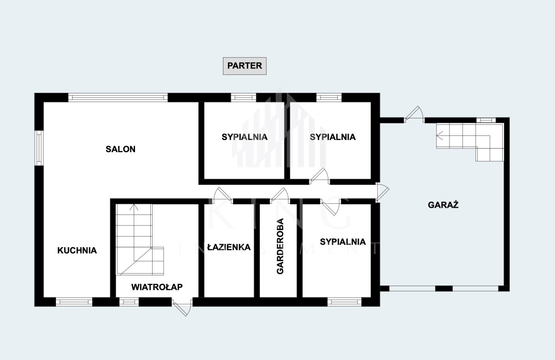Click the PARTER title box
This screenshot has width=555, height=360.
[x=245, y=66]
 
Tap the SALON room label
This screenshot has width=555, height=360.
[x=120, y=149]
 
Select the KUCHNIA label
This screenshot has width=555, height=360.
[x=77, y=250]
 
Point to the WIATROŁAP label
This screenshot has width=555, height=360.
[x=157, y=287]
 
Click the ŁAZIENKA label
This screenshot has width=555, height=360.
[x=229, y=247]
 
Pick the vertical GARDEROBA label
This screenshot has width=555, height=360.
[x=280, y=246]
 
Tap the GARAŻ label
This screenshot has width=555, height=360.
[x=443, y=205]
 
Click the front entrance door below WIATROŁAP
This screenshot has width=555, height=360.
[x=182, y=307]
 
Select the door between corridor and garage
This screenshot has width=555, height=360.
[x=382, y=192]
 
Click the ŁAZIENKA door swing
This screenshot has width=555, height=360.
[x=221, y=195]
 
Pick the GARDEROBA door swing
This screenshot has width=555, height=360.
[x=280, y=195]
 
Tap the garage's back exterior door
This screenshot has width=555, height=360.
[x=414, y=115]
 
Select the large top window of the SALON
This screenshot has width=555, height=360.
[x=118, y=98]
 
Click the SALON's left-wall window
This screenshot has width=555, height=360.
[x=39, y=148]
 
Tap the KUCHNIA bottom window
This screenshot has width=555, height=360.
[x=74, y=302]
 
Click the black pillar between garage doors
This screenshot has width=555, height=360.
[x=444, y=288]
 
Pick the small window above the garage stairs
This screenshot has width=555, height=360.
[x=486, y=120]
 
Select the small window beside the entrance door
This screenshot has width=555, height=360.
[x=129, y=302]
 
